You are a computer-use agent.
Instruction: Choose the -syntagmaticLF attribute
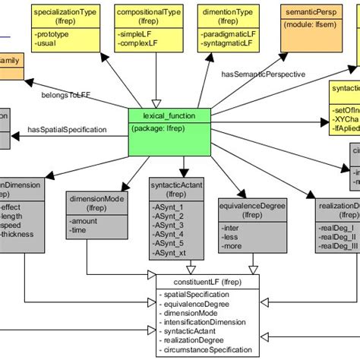229,45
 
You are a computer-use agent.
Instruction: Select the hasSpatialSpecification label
67,130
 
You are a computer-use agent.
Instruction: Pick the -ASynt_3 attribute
169,226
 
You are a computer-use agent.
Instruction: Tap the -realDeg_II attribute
336,235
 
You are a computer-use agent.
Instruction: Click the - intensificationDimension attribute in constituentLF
206,322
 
